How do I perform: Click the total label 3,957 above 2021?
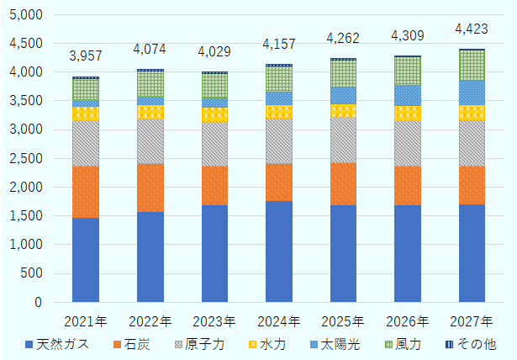point(86,56)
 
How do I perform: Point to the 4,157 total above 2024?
point(279,43)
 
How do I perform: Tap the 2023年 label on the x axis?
point(214,320)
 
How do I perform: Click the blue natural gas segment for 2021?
point(86,259)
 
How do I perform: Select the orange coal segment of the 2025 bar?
point(343,183)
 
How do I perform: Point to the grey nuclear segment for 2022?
point(150,141)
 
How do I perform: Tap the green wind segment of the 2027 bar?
point(472,66)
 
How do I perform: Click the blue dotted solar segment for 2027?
point(472,93)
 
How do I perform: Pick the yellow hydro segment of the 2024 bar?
point(279,112)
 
